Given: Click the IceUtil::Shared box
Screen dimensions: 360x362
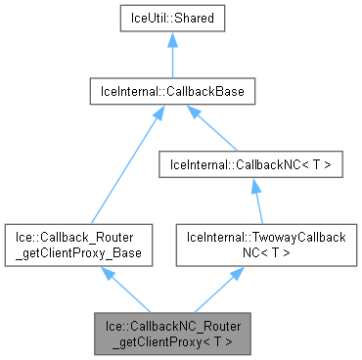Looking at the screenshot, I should point(172,18).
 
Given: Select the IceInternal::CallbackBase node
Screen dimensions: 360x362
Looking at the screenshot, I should point(172,92).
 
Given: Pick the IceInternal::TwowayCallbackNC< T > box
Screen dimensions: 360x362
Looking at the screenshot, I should point(263,244).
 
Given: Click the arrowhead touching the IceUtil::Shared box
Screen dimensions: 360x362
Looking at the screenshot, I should point(172,39).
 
